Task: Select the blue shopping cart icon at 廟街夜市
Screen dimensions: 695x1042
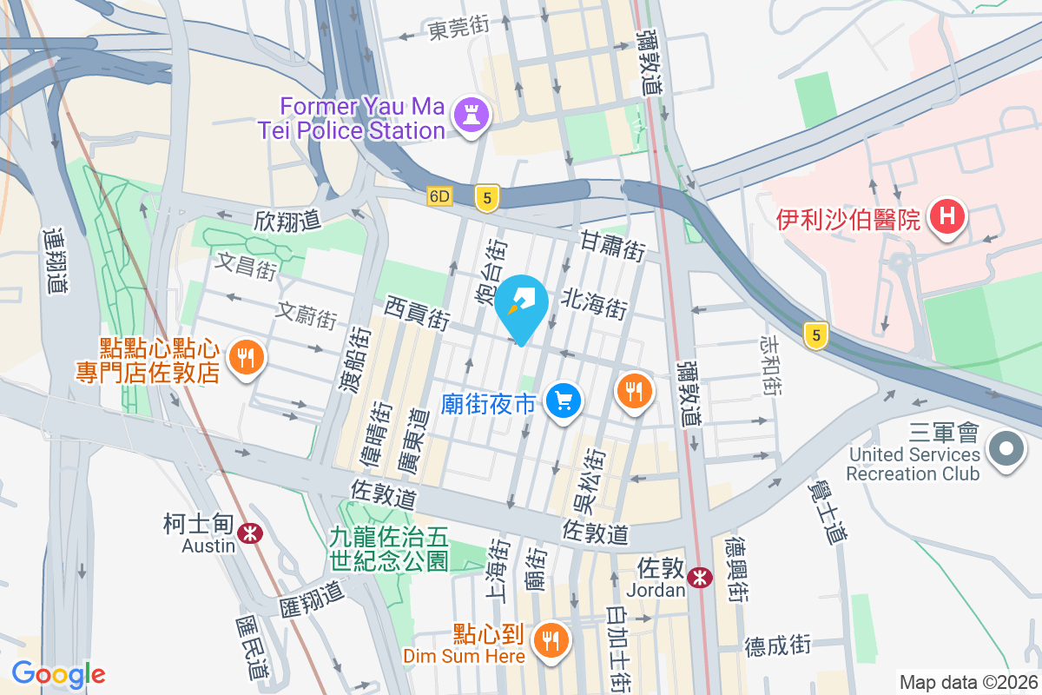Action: [564, 401]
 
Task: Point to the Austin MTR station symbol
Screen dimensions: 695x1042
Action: [252, 533]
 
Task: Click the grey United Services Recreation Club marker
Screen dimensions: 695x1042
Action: [1006, 450]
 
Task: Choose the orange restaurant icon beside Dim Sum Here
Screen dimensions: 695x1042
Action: [551, 641]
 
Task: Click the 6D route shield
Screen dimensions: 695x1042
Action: [440, 197]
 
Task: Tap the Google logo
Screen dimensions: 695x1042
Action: [58, 673]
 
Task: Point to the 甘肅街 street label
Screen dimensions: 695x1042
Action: [612, 245]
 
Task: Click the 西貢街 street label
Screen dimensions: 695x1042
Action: [418, 312]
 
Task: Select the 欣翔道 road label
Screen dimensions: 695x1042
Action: [287, 220]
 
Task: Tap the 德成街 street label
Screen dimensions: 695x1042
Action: [777, 645]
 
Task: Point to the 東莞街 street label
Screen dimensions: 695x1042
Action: [459, 27]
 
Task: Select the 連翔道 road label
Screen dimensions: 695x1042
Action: [54, 260]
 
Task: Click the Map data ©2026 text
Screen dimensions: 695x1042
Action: [968, 682]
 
